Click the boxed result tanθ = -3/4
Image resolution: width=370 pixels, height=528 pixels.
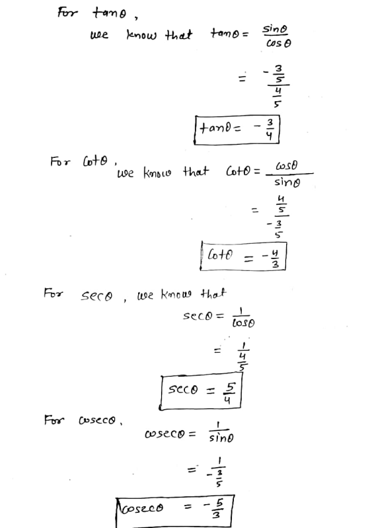tap(237, 130)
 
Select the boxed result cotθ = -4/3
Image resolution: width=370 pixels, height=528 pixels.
tap(243, 256)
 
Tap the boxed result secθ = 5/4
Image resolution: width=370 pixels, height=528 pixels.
tap(201, 391)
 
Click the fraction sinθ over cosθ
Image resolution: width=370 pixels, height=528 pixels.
tap(277, 36)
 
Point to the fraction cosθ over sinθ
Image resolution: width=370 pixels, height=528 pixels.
tap(289, 174)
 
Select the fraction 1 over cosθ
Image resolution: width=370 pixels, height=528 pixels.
tap(243, 318)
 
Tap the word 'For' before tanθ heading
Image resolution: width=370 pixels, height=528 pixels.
tap(67, 13)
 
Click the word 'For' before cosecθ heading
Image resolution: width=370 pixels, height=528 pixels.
tap(54, 420)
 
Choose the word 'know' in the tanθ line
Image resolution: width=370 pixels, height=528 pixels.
tap(141, 34)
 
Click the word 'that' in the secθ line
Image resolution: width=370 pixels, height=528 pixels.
tap(213, 293)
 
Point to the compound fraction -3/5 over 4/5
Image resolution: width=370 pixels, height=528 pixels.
tap(277, 85)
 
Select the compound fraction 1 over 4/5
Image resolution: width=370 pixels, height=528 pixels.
tap(243, 356)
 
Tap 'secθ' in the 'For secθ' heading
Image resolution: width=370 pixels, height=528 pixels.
tap(96, 295)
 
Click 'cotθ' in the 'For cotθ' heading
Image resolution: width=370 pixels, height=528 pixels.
tap(95, 161)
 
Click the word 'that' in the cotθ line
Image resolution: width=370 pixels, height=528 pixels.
tap(196, 171)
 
